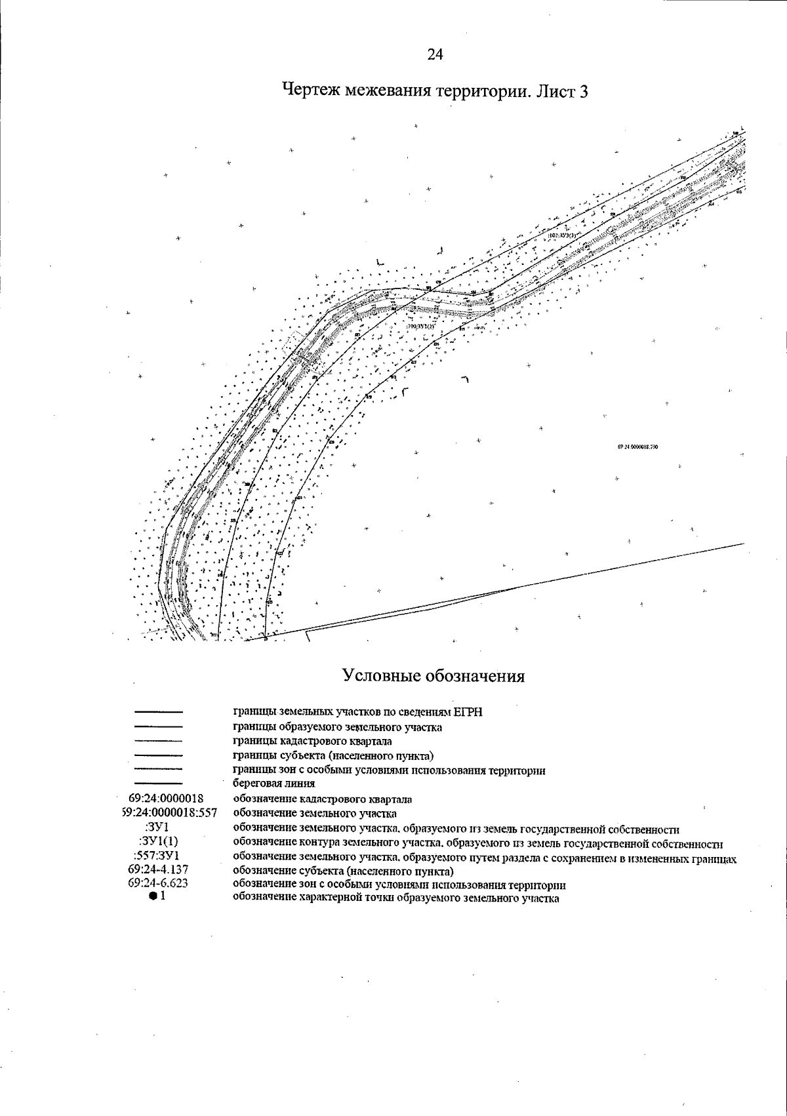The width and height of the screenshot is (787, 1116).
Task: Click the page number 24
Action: (x=435, y=54)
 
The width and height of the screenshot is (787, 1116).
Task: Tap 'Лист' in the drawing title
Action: (x=555, y=90)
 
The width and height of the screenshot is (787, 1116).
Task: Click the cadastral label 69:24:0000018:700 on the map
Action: (x=637, y=446)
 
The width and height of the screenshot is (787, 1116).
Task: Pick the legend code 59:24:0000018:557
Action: (x=165, y=814)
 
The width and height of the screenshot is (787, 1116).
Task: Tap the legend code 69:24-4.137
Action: (x=159, y=870)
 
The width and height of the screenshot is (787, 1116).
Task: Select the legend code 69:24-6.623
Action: (x=159, y=883)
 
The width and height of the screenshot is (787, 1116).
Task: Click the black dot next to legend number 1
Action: (x=152, y=897)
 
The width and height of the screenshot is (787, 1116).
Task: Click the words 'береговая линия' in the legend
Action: (x=274, y=784)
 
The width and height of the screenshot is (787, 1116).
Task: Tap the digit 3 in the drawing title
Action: (x=583, y=91)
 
